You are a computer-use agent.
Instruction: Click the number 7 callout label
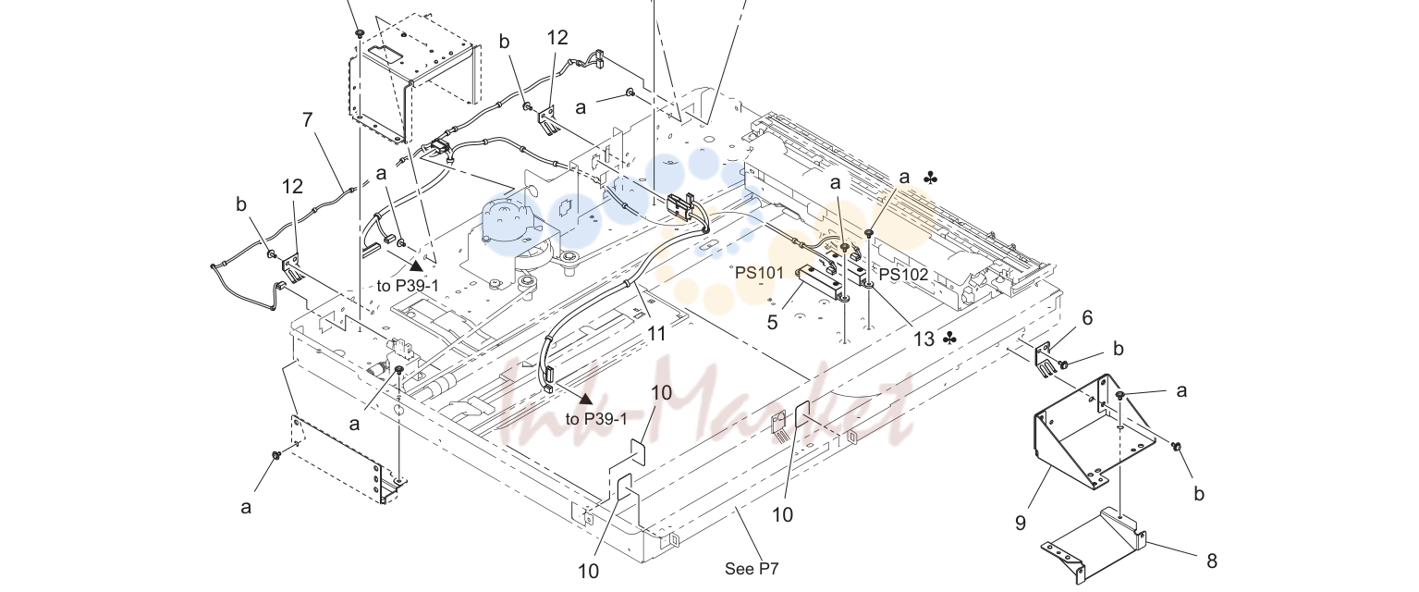point(308,120)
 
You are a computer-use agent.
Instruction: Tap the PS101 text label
point(759,273)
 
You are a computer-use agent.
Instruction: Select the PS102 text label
point(903,275)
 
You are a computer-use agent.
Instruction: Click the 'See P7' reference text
point(752,569)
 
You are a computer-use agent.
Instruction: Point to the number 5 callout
point(772,323)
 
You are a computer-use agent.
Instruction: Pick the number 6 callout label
point(1087,317)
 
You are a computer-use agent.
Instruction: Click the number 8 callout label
point(1212,561)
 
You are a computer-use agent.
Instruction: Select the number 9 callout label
point(1021,523)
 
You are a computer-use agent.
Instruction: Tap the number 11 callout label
point(656,333)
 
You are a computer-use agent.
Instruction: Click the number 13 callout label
point(924,339)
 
